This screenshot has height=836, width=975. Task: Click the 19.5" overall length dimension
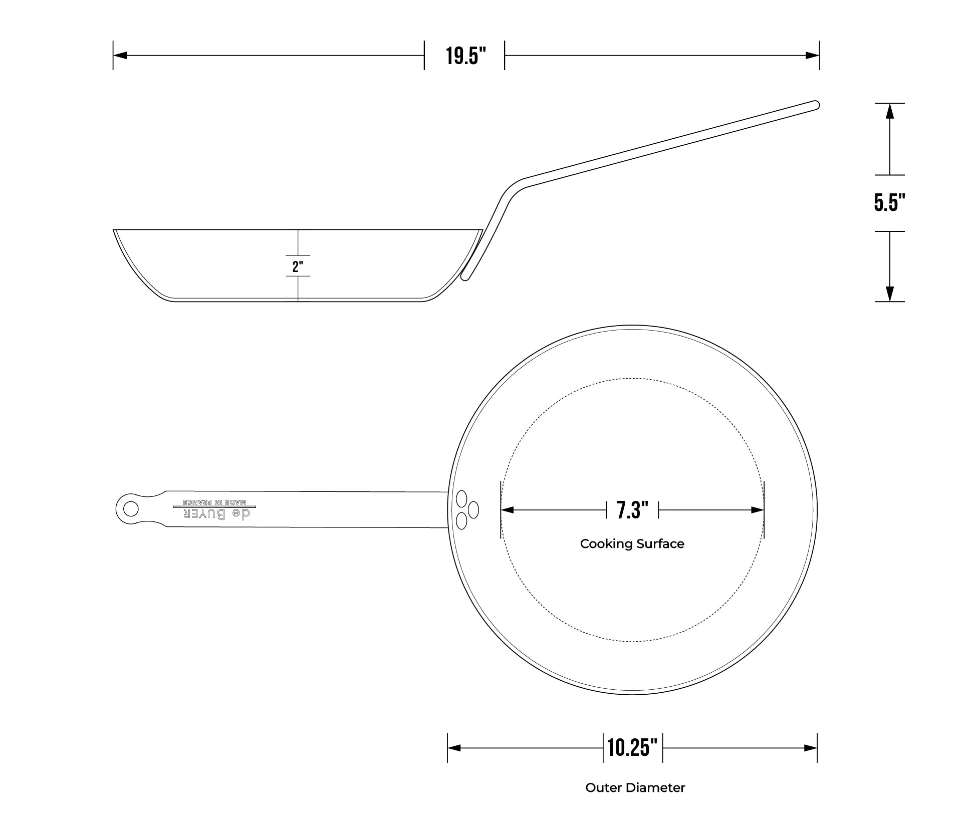coord(465,56)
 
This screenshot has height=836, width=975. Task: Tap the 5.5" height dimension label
coord(889,203)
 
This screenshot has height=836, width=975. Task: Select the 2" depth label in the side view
coord(298,266)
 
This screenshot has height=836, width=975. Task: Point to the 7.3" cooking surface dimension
coord(632,510)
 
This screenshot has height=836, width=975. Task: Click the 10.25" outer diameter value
coord(632,748)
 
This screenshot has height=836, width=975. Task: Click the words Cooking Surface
coord(632,544)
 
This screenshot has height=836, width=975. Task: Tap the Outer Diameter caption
coord(635,788)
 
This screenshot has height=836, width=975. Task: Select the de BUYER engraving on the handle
coord(216,514)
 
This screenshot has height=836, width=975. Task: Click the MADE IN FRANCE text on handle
coord(214,502)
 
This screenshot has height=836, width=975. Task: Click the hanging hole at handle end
coord(131,509)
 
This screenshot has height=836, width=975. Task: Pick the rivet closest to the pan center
coord(473,510)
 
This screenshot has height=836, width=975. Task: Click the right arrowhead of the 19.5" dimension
coord(813,56)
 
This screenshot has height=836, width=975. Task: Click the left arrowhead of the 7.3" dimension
coord(508,510)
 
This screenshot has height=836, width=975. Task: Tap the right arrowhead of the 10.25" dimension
coord(811,748)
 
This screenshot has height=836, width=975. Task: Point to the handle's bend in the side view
coord(514,189)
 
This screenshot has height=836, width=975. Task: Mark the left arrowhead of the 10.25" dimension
coord(454,748)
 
